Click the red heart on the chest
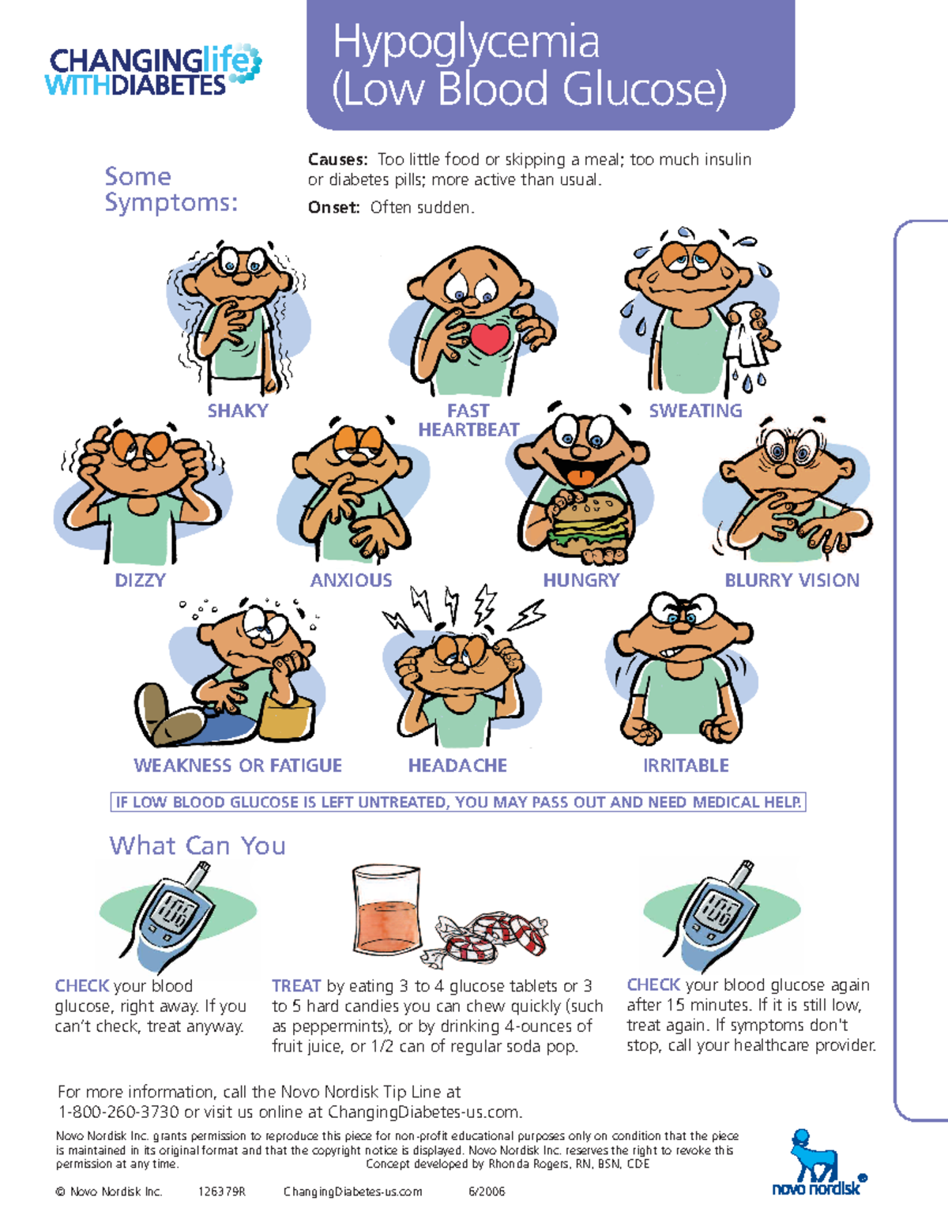point(490,338)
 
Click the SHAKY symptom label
point(238,411)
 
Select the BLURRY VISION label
point(792,581)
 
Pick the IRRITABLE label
point(686,766)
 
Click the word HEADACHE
point(457,766)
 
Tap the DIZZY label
point(140,581)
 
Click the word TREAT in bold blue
point(296,986)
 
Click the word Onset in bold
point(333,208)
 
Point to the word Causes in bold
point(337,160)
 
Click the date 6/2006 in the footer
point(487,1191)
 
